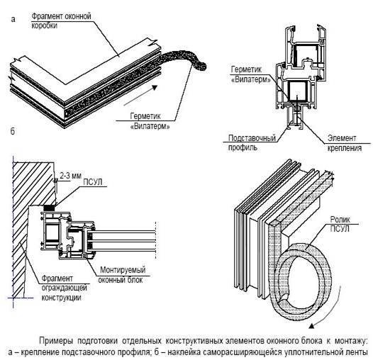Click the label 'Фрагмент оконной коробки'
click(x=61, y=21)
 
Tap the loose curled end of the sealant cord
click(x=200, y=66)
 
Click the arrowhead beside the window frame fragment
click(x=155, y=87)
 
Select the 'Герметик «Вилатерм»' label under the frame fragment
click(x=150, y=121)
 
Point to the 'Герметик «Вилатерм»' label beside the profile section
click(x=251, y=74)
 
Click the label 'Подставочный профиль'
click(x=252, y=142)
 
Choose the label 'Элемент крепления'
click(x=345, y=143)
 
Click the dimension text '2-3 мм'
click(x=71, y=176)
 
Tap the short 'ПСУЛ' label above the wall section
click(x=93, y=182)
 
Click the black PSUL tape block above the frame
click(x=50, y=208)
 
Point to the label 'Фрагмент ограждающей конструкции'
click(x=65, y=288)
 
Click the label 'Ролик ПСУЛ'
click(x=340, y=224)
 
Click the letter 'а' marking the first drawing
click(x=13, y=19)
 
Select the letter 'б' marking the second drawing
click(x=13, y=131)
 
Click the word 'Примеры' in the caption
click(x=56, y=341)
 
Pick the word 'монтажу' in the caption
click(x=351, y=341)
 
